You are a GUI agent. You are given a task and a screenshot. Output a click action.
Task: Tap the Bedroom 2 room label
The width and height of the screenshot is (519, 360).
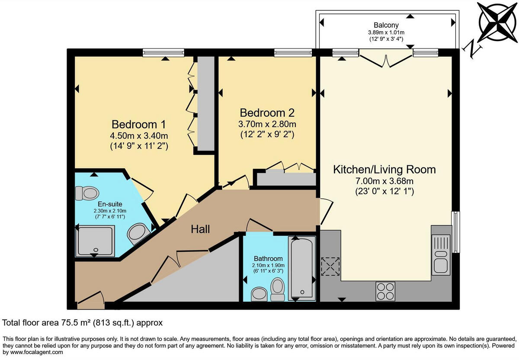[267, 113]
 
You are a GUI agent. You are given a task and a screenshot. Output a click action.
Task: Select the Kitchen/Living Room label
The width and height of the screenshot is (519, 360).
[384, 170]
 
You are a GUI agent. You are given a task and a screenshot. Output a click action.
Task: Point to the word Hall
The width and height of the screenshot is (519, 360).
[200, 229]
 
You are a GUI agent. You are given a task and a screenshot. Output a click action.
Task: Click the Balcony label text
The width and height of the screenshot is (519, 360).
[386, 25]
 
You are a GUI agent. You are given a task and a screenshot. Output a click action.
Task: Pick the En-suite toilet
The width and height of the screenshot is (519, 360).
[87, 193]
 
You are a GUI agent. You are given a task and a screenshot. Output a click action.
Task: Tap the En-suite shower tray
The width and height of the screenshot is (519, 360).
[95, 240]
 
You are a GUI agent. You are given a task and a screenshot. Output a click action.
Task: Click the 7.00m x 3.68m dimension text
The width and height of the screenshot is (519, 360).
[384, 181]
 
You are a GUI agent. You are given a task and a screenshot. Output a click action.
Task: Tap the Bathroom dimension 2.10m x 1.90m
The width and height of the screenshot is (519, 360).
[268, 265]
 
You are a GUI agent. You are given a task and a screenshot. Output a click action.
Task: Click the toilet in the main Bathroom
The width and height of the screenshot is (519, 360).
[277, 288]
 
